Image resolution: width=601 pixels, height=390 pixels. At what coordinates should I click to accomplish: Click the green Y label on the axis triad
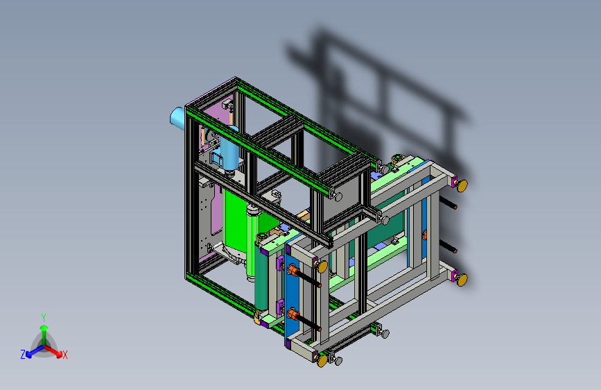(43, 316)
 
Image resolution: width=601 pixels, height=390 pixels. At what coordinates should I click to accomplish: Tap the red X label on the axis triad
(65, 355)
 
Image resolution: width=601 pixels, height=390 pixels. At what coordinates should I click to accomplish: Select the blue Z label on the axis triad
(23, 355)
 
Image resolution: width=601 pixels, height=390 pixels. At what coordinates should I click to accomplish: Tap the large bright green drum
(236, 222)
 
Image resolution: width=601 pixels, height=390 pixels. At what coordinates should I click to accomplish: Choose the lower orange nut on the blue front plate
(293, 316)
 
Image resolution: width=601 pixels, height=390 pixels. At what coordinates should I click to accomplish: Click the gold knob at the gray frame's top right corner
(460, 185)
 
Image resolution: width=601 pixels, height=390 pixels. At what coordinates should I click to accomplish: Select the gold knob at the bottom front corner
(323, 359)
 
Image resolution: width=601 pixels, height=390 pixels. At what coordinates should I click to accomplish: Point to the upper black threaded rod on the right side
(451, 205)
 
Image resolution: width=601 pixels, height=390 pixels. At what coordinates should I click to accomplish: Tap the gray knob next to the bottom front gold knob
(338, 359)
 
